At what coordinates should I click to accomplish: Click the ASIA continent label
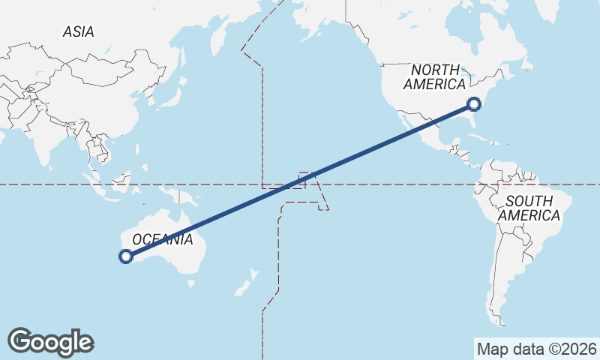(78, 31)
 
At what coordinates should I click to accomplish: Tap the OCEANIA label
(162, 239)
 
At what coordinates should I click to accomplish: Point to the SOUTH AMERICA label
(529, 208)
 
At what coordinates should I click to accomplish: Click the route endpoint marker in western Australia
(126, 256)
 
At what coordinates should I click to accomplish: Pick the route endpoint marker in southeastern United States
(473, 104)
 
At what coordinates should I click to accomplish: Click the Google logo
(50, 342)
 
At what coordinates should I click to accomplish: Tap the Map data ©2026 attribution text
(537, 349)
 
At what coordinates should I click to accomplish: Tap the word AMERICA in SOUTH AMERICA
(529, 216)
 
